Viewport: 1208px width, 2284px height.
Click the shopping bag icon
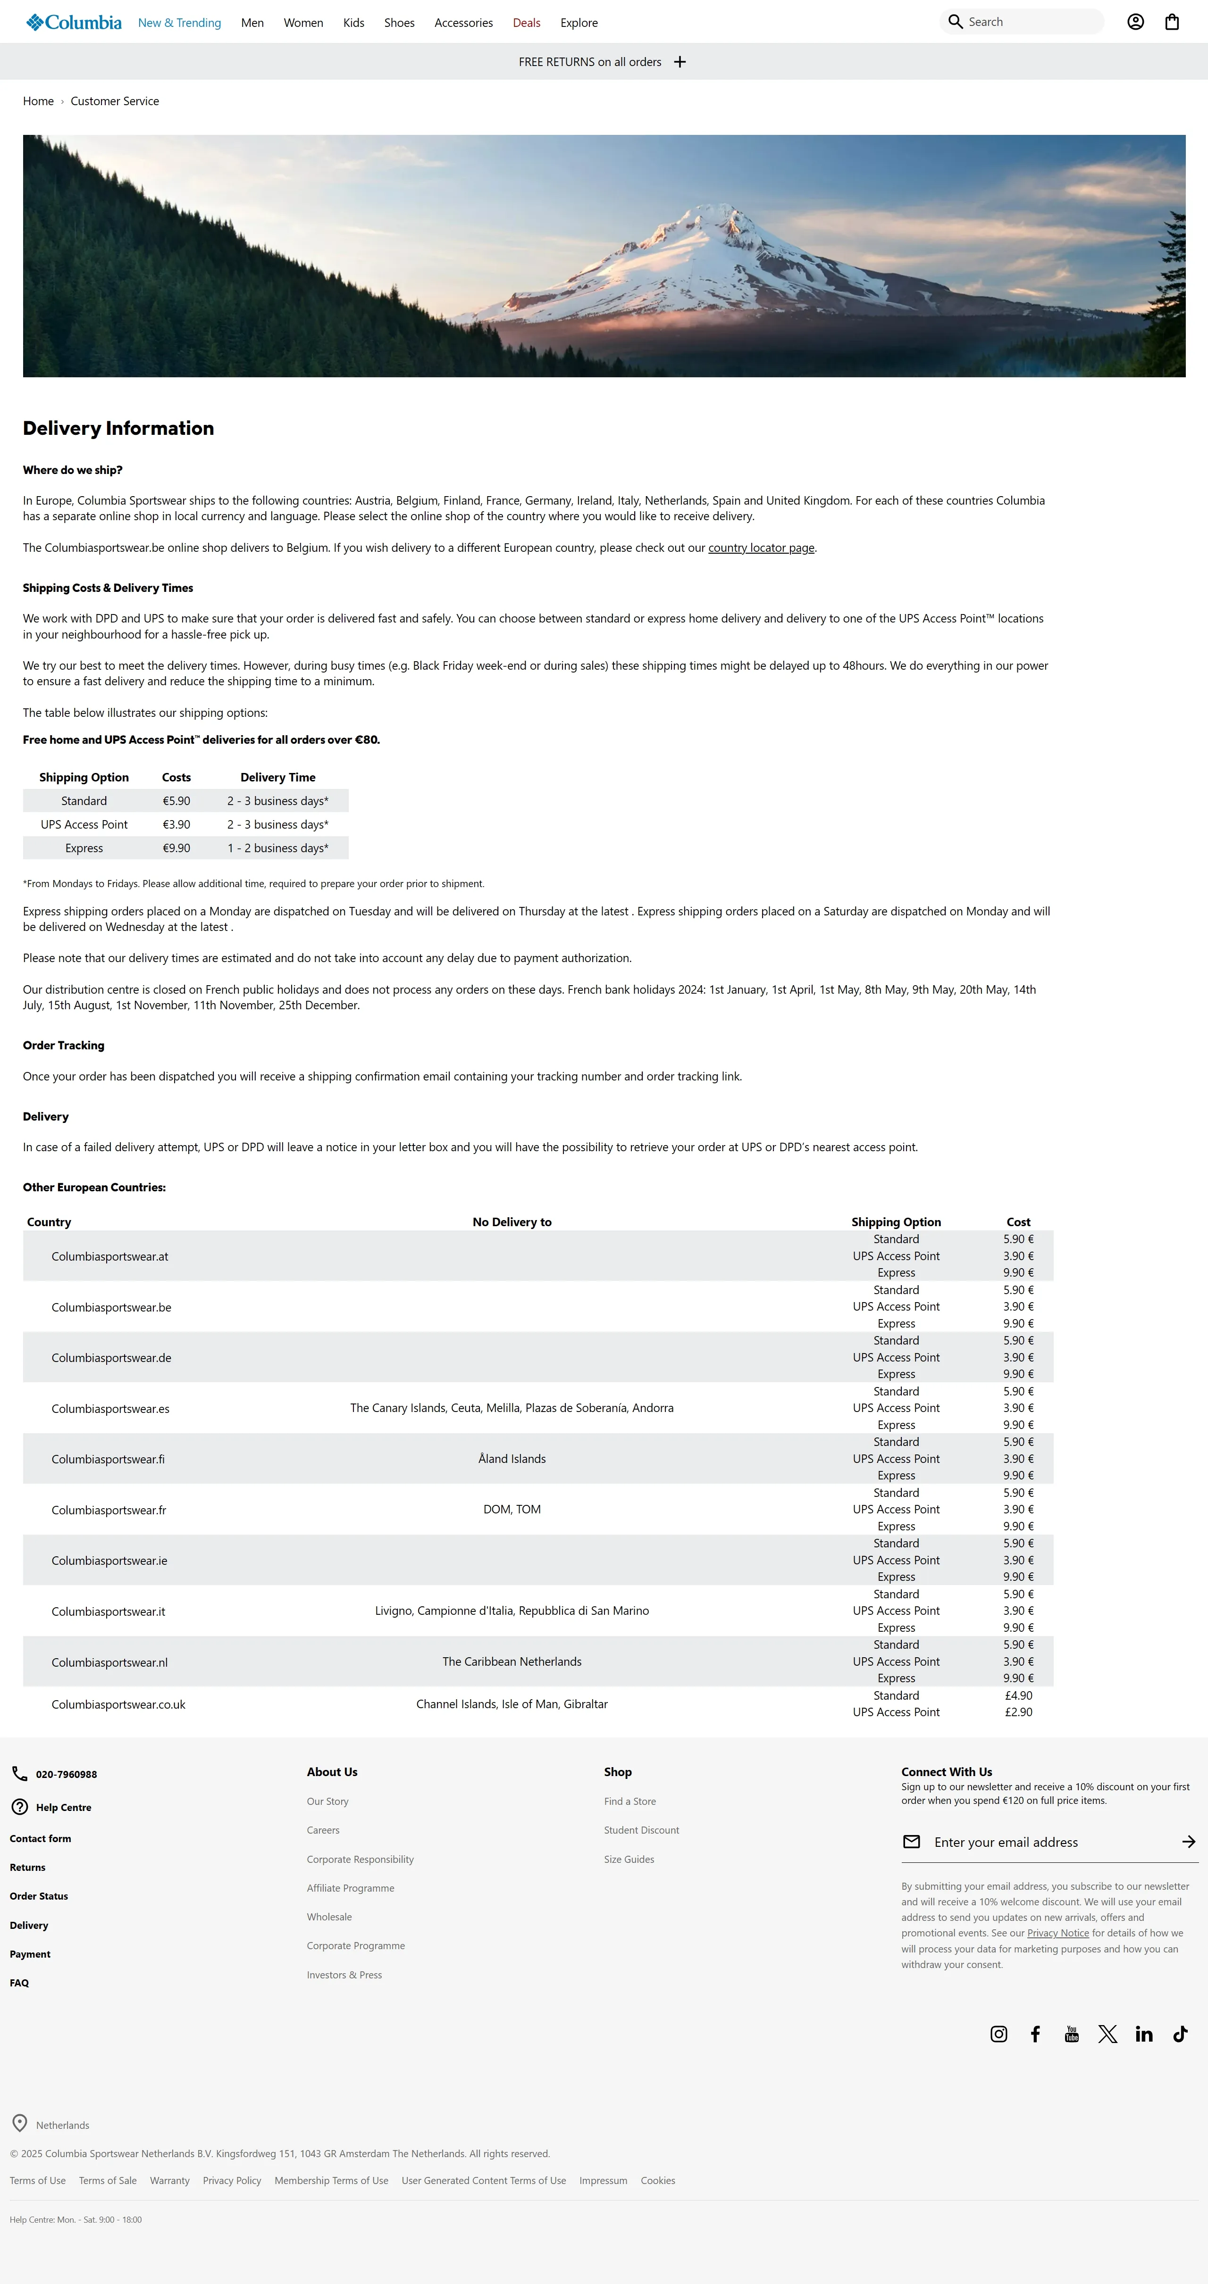(x=1172, y=22)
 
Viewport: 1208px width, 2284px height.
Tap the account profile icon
(x=1135, y=22)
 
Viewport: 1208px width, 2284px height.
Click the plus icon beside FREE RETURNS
(x=679, y=62)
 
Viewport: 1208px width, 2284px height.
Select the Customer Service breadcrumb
(x=114, y=101)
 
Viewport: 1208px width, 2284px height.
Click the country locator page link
(x=761, y=548)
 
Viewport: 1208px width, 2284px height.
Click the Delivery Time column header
(x=277, y=778)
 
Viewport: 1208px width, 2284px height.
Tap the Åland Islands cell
(x=512, y=1460)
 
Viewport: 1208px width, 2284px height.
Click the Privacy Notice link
(x=1057, y=1934)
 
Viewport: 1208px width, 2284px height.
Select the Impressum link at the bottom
(x=603, y=2181)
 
